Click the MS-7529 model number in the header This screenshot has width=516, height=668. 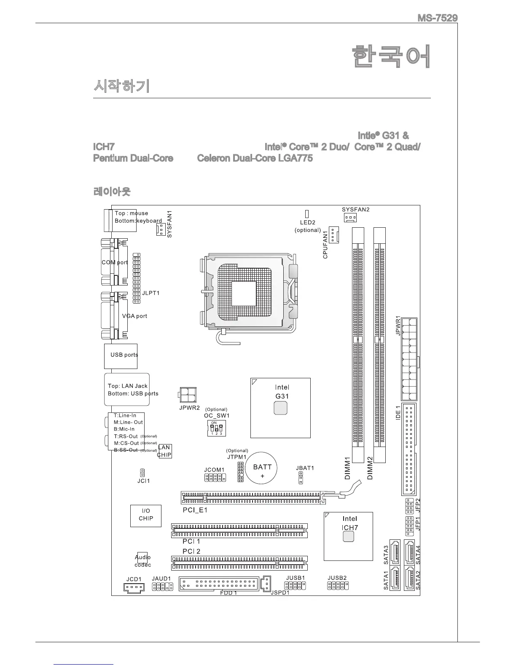pyautogui.click(x=437, y=19)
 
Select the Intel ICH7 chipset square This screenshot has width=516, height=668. pyautogui.click(x=348, y=536)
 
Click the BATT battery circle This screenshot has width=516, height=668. pyautogui.click(x=262, y=469)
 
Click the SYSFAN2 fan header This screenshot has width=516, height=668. pyautogui.click(x=349, y=218)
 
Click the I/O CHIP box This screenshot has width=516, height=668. pyautogui.click(x=146, y=515)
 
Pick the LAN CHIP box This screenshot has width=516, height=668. pyautogui.click(x=164, y=451)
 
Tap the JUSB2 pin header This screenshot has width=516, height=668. pyautogui.click(x=338, y=585)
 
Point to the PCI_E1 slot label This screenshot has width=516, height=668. pyautogui.click(x=195, y=510)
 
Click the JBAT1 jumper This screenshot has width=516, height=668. pyautogui.click(x=301, y=478)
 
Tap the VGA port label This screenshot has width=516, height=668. pyautogui.click(x=134, y=316)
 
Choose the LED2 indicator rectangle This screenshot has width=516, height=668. pyautogui.click(x=307, y=214)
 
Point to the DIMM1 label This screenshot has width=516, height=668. pyautogui.click(x=348, y=468)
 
